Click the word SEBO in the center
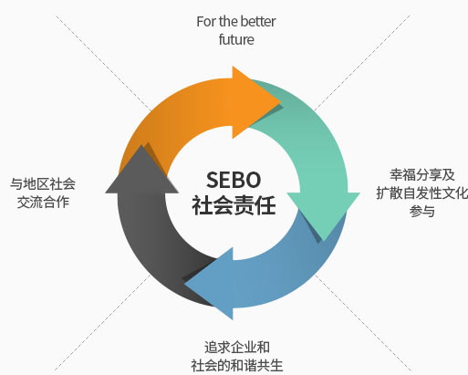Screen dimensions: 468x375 [234, 180]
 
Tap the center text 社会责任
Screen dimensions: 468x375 [234, 205]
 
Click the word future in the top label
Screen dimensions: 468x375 [236, 39]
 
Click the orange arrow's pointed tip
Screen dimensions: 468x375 [280, 102]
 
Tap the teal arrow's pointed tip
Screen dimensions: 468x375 [325, 240]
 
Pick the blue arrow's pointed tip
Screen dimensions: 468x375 [185, 284]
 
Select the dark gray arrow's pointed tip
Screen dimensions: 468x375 [141, 145]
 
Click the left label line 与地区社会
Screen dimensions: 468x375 [43, 184]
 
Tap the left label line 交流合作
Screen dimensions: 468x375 [43, 202]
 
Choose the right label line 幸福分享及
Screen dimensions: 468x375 [422, 175]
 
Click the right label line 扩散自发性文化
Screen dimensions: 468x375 [422, 193]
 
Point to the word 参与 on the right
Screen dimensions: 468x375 [421, 211]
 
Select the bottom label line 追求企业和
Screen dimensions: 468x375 [237, 348]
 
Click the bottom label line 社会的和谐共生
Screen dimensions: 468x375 [237, 365]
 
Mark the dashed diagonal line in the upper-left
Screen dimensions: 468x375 [103, 63]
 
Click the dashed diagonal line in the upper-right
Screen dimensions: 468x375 [362, 62]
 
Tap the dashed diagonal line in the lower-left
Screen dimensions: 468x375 [103, 322]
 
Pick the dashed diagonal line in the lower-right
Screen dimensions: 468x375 [363, 323]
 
